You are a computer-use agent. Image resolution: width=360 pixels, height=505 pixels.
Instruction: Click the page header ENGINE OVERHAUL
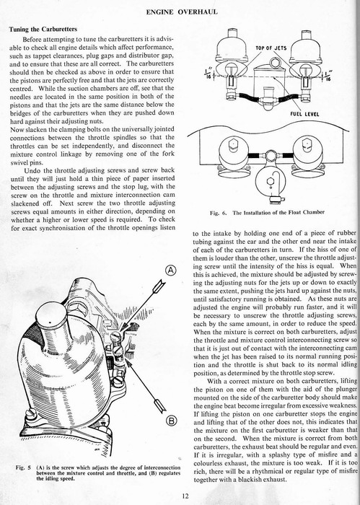point(182,12)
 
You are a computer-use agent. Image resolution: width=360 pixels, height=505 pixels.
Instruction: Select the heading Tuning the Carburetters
point(43,30)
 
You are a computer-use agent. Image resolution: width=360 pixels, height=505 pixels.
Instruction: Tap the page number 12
point(185,496)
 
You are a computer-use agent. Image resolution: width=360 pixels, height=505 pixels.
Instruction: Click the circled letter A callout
point(172,271)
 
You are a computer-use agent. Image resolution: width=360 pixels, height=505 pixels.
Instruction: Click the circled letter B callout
point(172,421)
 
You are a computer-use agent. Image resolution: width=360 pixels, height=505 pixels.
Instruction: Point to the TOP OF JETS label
point(271,48)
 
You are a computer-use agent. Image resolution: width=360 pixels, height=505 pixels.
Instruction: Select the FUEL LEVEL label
point(304,114)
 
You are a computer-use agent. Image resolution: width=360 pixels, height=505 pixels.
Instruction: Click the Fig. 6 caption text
point(267,213)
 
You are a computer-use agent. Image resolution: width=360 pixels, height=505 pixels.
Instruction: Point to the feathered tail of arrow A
point(159,286)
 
